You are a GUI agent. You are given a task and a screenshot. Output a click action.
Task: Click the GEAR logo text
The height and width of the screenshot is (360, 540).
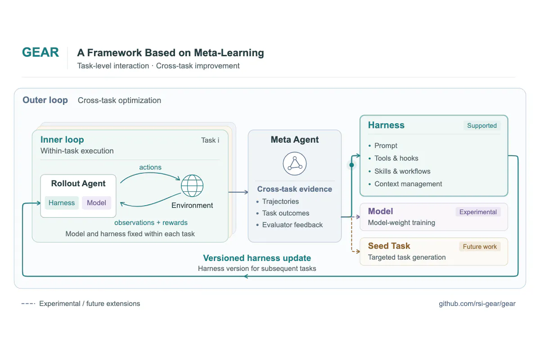[x=40, y=52]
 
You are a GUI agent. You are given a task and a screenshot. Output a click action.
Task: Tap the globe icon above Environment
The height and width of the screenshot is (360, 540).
[x=192, y=186]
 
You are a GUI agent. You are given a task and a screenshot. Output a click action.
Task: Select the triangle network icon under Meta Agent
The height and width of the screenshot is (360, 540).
[x=295, y=163]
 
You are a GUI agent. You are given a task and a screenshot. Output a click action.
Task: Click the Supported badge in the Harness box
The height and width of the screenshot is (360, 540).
[x=481, y=126]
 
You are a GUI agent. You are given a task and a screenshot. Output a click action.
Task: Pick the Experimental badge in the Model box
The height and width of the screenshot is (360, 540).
[x=478, y=212]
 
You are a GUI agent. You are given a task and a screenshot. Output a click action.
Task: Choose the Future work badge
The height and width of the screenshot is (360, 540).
[x=480, y=247]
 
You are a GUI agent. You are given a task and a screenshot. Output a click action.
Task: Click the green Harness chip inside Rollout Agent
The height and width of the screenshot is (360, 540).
[x=62, y=203]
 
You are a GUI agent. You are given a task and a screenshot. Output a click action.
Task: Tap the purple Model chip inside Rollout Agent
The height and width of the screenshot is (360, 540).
[x=96, y=203]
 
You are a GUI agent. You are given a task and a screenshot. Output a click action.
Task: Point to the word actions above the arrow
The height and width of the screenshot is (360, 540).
[x=150, y=167]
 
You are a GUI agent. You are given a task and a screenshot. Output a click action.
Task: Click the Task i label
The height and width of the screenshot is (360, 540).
[x=210, y=140]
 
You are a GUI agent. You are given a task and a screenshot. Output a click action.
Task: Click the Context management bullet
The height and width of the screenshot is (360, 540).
[x=405, y=184]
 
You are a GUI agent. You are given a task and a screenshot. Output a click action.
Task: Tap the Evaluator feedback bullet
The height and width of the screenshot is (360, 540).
[x=289, y=225]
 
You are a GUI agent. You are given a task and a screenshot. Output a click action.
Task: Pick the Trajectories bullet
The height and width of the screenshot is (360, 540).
[x=278, y=201]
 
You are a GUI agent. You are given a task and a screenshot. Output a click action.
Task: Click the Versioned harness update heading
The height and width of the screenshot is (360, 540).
[x=257, y=258]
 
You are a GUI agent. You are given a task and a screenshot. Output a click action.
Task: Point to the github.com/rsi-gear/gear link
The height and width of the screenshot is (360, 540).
[x=477, y=304]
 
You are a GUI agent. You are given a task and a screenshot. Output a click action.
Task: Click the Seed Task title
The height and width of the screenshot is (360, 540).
[x=389, y=246]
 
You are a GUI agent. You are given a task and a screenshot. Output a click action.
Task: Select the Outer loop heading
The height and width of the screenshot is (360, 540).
[x=45, y=100]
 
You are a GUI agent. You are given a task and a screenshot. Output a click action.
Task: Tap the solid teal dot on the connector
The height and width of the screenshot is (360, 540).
[x=352, y=165]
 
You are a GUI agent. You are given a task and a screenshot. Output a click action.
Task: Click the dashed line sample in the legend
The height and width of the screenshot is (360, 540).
[x=28, y=304]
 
